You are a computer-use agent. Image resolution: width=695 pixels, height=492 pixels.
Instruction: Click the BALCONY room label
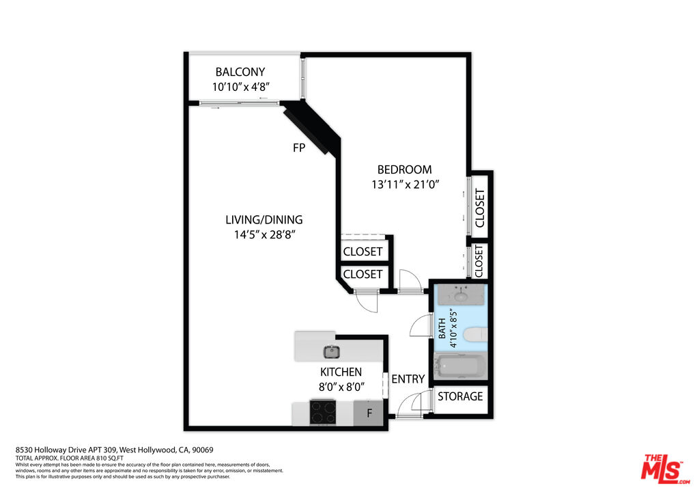tap(240, 72)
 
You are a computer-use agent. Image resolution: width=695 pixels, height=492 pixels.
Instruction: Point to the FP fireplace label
tap(298, 147)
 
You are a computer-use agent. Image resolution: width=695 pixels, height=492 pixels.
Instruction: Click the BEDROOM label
tap(405, 169)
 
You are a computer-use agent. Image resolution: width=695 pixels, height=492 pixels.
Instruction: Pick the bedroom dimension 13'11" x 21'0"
tap(405, 184)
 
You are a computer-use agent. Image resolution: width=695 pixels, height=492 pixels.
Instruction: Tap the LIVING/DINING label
tap(264, 219)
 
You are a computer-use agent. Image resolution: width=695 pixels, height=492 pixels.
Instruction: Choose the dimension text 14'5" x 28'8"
tap(264, 234)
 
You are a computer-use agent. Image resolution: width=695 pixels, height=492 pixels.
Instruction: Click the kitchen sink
tap(331, 352)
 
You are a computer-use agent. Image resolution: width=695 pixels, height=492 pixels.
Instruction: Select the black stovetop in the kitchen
tap(323, 412)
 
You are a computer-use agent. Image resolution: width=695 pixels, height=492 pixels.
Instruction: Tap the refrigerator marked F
tap(369, 413)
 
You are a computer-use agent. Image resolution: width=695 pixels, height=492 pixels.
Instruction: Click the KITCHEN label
tap(341, 372)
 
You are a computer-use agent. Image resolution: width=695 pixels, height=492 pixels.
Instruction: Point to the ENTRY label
tap(408, 379)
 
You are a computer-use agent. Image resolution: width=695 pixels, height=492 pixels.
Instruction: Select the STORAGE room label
tap(460, 396)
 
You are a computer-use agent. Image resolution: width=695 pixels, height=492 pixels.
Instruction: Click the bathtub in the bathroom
tap(460, 366)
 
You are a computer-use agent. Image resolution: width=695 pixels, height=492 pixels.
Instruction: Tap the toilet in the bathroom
tap(474, 334)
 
